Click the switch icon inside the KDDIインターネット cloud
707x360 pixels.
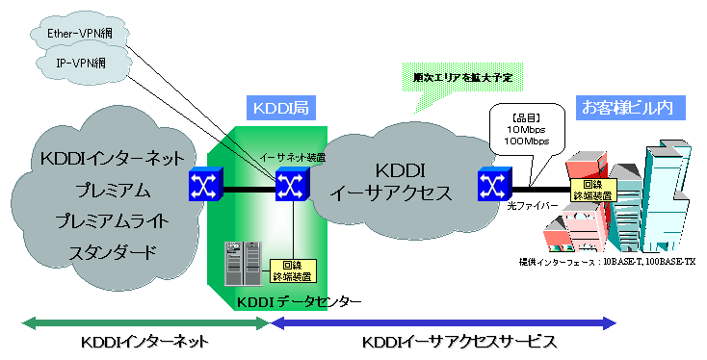[204, 185]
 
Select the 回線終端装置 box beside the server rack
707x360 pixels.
[287, 270]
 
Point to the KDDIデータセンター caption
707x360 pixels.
[299, 301]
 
